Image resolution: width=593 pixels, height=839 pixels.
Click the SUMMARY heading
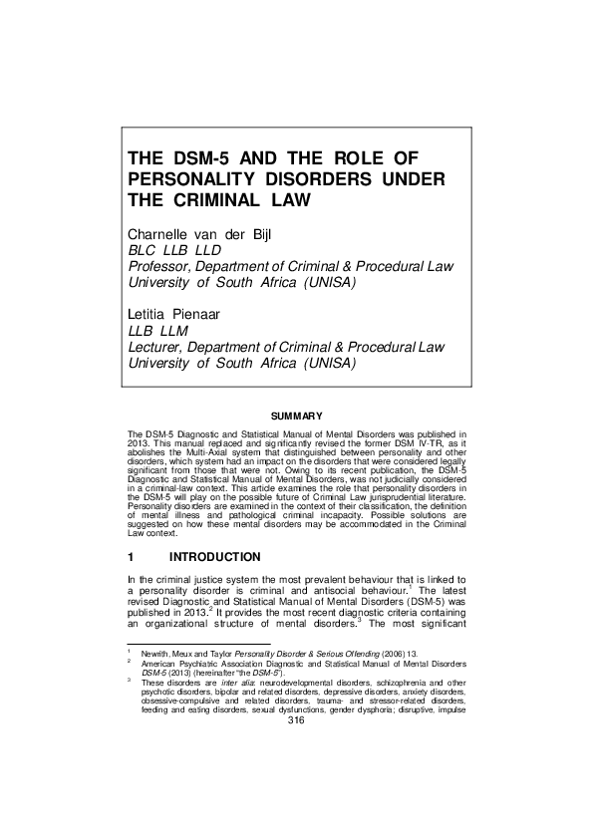tap(296, 415)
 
